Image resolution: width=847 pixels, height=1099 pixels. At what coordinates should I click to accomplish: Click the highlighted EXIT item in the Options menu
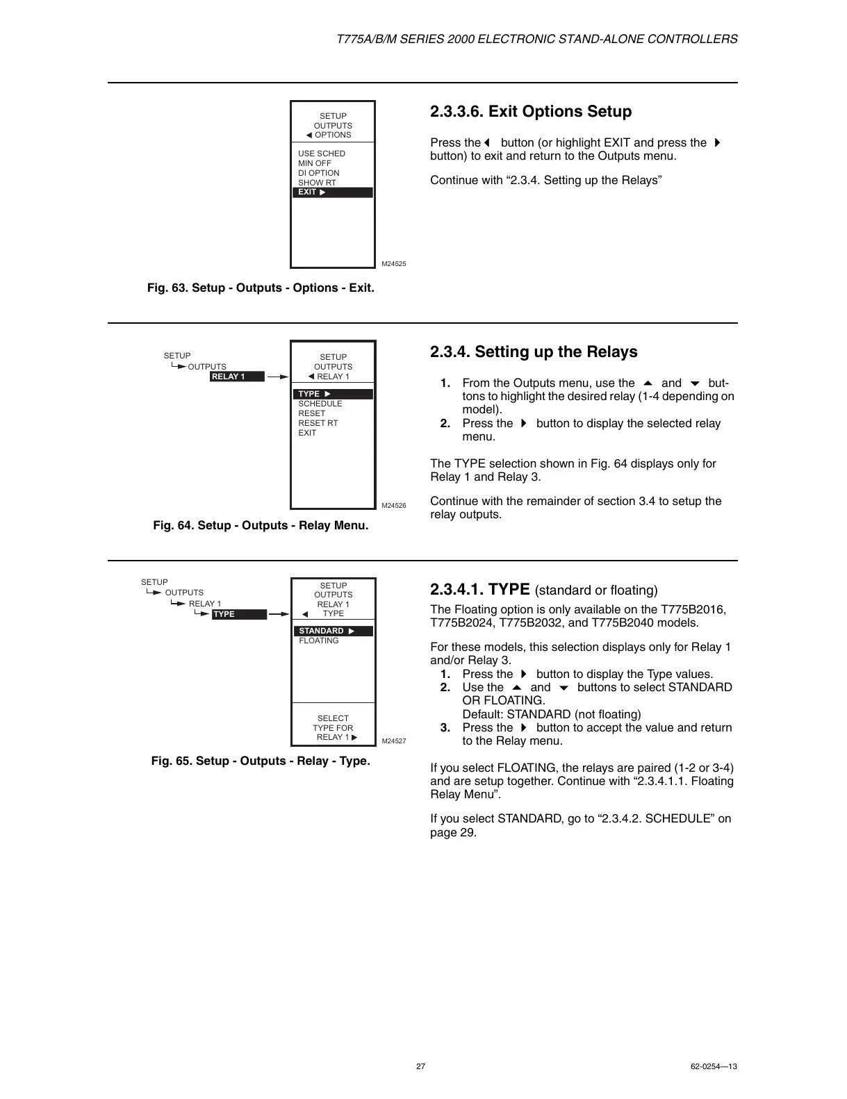(332, 192)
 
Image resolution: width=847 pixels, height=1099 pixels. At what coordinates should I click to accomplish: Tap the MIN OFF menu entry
(315, 163)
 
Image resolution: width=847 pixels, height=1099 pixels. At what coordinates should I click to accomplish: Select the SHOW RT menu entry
(317, 183)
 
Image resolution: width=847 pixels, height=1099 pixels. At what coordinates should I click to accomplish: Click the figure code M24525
(394, 264)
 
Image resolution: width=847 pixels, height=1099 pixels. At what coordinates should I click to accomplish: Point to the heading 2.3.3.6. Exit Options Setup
(531, 112)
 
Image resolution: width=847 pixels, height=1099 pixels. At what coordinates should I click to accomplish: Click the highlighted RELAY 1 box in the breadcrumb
(237, 377)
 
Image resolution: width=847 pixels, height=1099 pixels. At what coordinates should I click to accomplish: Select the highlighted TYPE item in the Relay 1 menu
(332, 394)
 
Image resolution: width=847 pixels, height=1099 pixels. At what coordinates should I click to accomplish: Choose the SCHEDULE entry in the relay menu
(320, 404)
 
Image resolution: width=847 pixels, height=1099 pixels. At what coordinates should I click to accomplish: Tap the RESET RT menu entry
(318, 423)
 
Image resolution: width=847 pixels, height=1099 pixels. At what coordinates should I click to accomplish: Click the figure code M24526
(394, 506)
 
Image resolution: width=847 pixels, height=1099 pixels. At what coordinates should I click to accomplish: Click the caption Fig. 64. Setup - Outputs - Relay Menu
(261, 525)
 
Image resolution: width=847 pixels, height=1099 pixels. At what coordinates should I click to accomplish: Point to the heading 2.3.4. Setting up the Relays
(534, 352)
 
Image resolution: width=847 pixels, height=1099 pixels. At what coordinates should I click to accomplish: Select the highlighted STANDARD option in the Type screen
(333, 631)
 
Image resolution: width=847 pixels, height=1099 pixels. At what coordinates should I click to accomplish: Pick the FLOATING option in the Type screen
(319, 641)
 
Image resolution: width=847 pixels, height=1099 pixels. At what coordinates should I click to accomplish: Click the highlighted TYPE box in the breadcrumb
(239, 614)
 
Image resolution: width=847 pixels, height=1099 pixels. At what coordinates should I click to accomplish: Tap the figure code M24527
(394, 741)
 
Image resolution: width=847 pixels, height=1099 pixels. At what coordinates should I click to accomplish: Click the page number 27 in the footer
(420, 1066)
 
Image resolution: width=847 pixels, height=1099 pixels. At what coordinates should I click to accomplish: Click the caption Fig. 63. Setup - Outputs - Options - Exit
(261, 288)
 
